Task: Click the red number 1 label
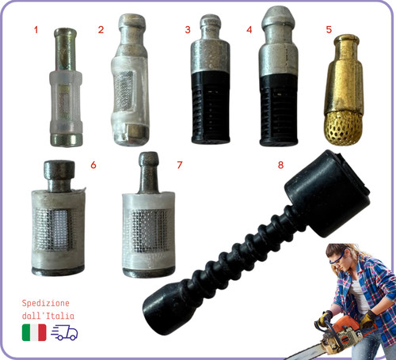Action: click(36, 29)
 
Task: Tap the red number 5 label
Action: click(329, 29)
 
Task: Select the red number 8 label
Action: click(280, 165)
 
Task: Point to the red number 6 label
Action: click(93, 165)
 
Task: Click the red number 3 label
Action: click(188, 30)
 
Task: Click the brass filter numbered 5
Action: click(343, 89)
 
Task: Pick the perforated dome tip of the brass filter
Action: click(343, 129)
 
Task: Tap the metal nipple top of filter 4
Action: click(278, 18)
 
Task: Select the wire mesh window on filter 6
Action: click(54, 229)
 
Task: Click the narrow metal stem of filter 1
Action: click(66, 50)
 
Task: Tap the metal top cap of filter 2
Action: click(132, 21)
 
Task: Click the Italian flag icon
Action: click(34, 332)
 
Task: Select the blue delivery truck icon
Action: click(64, 332)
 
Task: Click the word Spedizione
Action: click(45, 303)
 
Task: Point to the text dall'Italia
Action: click(48, 316)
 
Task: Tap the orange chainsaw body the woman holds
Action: click(343, 333)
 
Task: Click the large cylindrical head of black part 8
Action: click(327, 194)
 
